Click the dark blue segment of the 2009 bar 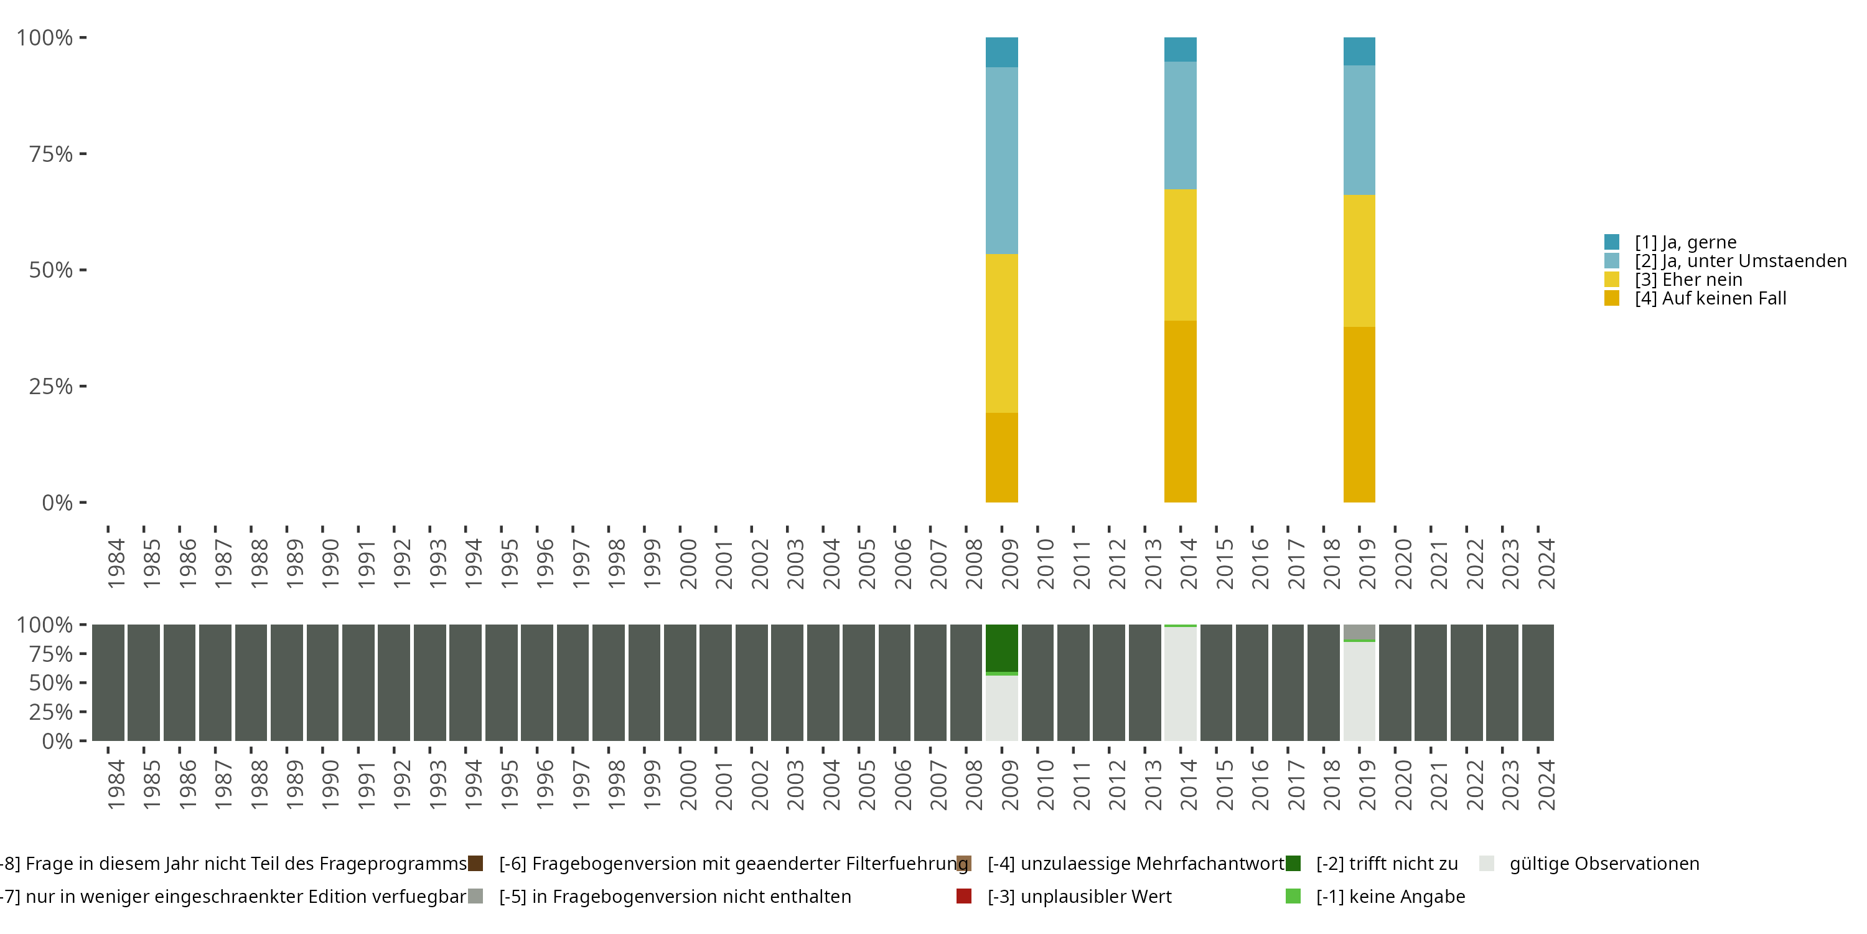coord(1001,52)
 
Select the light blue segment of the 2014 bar coord(1180,125)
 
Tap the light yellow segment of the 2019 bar coord(1359,261)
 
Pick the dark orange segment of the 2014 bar coord(1180,411)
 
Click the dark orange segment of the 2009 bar coord(1001,457)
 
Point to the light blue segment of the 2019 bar coord(1359,131)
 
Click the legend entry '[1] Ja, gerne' coord(1685,242)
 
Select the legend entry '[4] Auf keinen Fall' coord(1710,298)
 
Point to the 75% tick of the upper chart coord(51,154)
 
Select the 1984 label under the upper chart coord(116,564)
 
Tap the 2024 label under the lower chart coord(1546,785)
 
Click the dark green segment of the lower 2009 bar coord(1001,648)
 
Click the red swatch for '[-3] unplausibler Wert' coord(964,896)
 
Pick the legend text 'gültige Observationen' coord(1604,864)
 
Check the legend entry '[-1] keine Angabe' coord(1390,896)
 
